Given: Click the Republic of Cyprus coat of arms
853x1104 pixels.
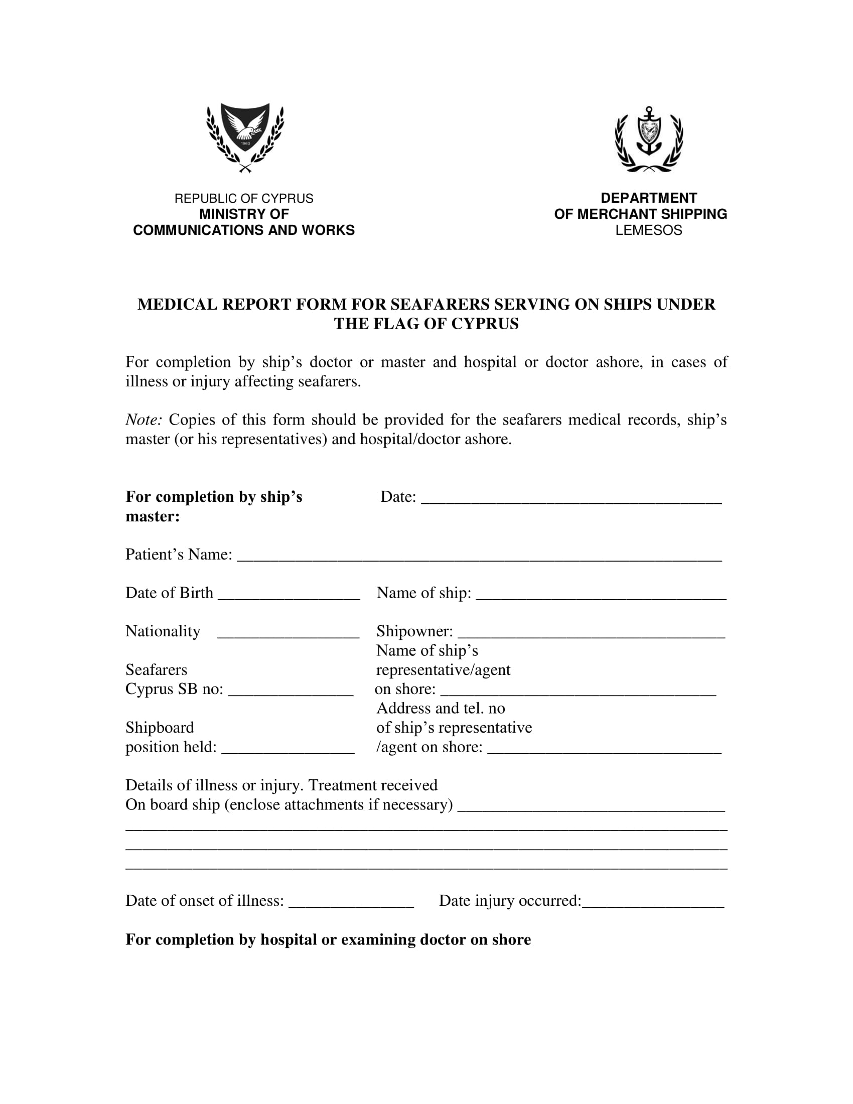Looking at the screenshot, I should [245, 137].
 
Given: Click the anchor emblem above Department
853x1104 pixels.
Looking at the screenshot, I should [649, 139].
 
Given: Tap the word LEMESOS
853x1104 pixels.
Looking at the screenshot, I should [648, 230].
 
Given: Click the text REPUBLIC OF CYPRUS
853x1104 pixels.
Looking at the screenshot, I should [243, 198].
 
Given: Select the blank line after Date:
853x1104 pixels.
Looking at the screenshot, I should [571, 499].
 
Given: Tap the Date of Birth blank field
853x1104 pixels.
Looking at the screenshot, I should [289, 596].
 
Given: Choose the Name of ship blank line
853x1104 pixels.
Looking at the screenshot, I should [601, 596].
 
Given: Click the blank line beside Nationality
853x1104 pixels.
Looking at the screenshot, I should [288, 634].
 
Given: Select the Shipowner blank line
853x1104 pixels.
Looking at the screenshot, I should [591, 634].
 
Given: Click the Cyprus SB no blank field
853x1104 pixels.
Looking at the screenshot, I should [291, 692].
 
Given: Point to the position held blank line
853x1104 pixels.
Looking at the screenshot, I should [288, 749].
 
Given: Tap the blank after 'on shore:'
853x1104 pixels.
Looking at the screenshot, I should [578, 692].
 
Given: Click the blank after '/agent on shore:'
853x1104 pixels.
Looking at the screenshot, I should [605, 749].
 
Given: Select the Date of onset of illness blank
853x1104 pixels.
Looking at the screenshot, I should [351, 903].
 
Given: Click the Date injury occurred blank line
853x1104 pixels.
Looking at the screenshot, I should [653, 903].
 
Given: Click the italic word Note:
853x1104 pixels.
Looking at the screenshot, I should [144, 420].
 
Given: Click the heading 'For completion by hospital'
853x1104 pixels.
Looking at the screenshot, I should [328, 940].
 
